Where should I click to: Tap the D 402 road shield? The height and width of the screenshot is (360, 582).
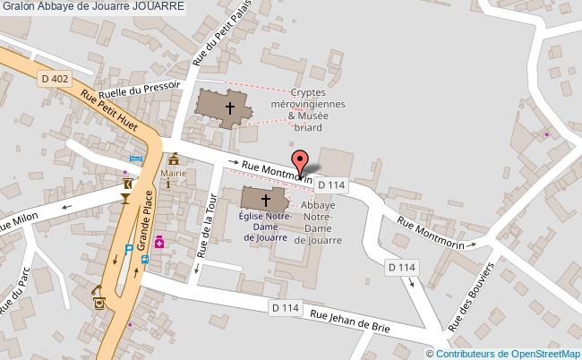click(x=55, y=79)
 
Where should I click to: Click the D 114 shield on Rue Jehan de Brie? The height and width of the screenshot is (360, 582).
click(x=284, y=306)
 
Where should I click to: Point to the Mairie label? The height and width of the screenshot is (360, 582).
click(x=173, y=173)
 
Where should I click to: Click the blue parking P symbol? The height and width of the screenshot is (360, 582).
click(x=129, y=250)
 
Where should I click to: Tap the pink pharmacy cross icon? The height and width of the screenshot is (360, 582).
click(x=159, y=242)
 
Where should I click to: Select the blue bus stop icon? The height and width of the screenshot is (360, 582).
click(x=145, y=260)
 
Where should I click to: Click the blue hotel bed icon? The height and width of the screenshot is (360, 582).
click(x=135, y=159)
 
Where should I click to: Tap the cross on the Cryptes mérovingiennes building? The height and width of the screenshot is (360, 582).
click(x=229, y=107)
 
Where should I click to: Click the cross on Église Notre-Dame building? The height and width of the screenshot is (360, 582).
click(x=265, y=201)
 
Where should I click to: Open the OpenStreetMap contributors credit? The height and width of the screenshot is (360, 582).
click(x=516, y=354)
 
